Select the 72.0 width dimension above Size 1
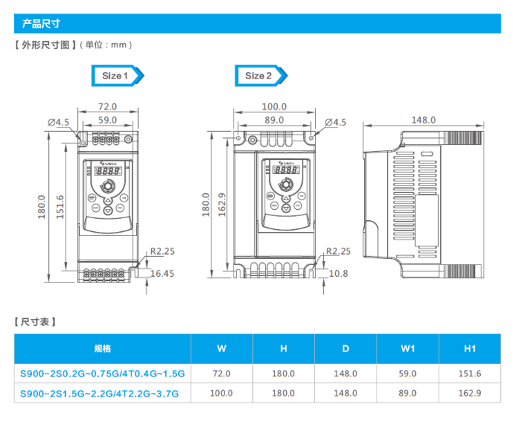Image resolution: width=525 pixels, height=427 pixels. tap(108, 107)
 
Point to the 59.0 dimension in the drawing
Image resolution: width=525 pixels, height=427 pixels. tap(108, 119)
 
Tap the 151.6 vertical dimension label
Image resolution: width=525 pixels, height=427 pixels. tap(60, 207)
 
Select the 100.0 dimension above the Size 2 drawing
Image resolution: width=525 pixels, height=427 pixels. tap(274, 107)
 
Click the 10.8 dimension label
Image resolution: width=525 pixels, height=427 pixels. tap(339, 273)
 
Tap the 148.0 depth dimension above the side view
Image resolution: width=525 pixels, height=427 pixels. tap(423, 120)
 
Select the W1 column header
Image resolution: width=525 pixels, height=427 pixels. tap(407, 348)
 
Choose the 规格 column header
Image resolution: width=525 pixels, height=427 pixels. tap(102, 348)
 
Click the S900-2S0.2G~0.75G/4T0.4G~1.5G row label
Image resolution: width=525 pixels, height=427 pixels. tap(102, 374)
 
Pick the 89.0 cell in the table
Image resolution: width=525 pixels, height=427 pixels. tap(407, 393)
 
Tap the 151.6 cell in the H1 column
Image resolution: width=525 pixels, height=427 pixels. tap(470, 374)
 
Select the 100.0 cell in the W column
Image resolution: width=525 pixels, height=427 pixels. tap(221, 393)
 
